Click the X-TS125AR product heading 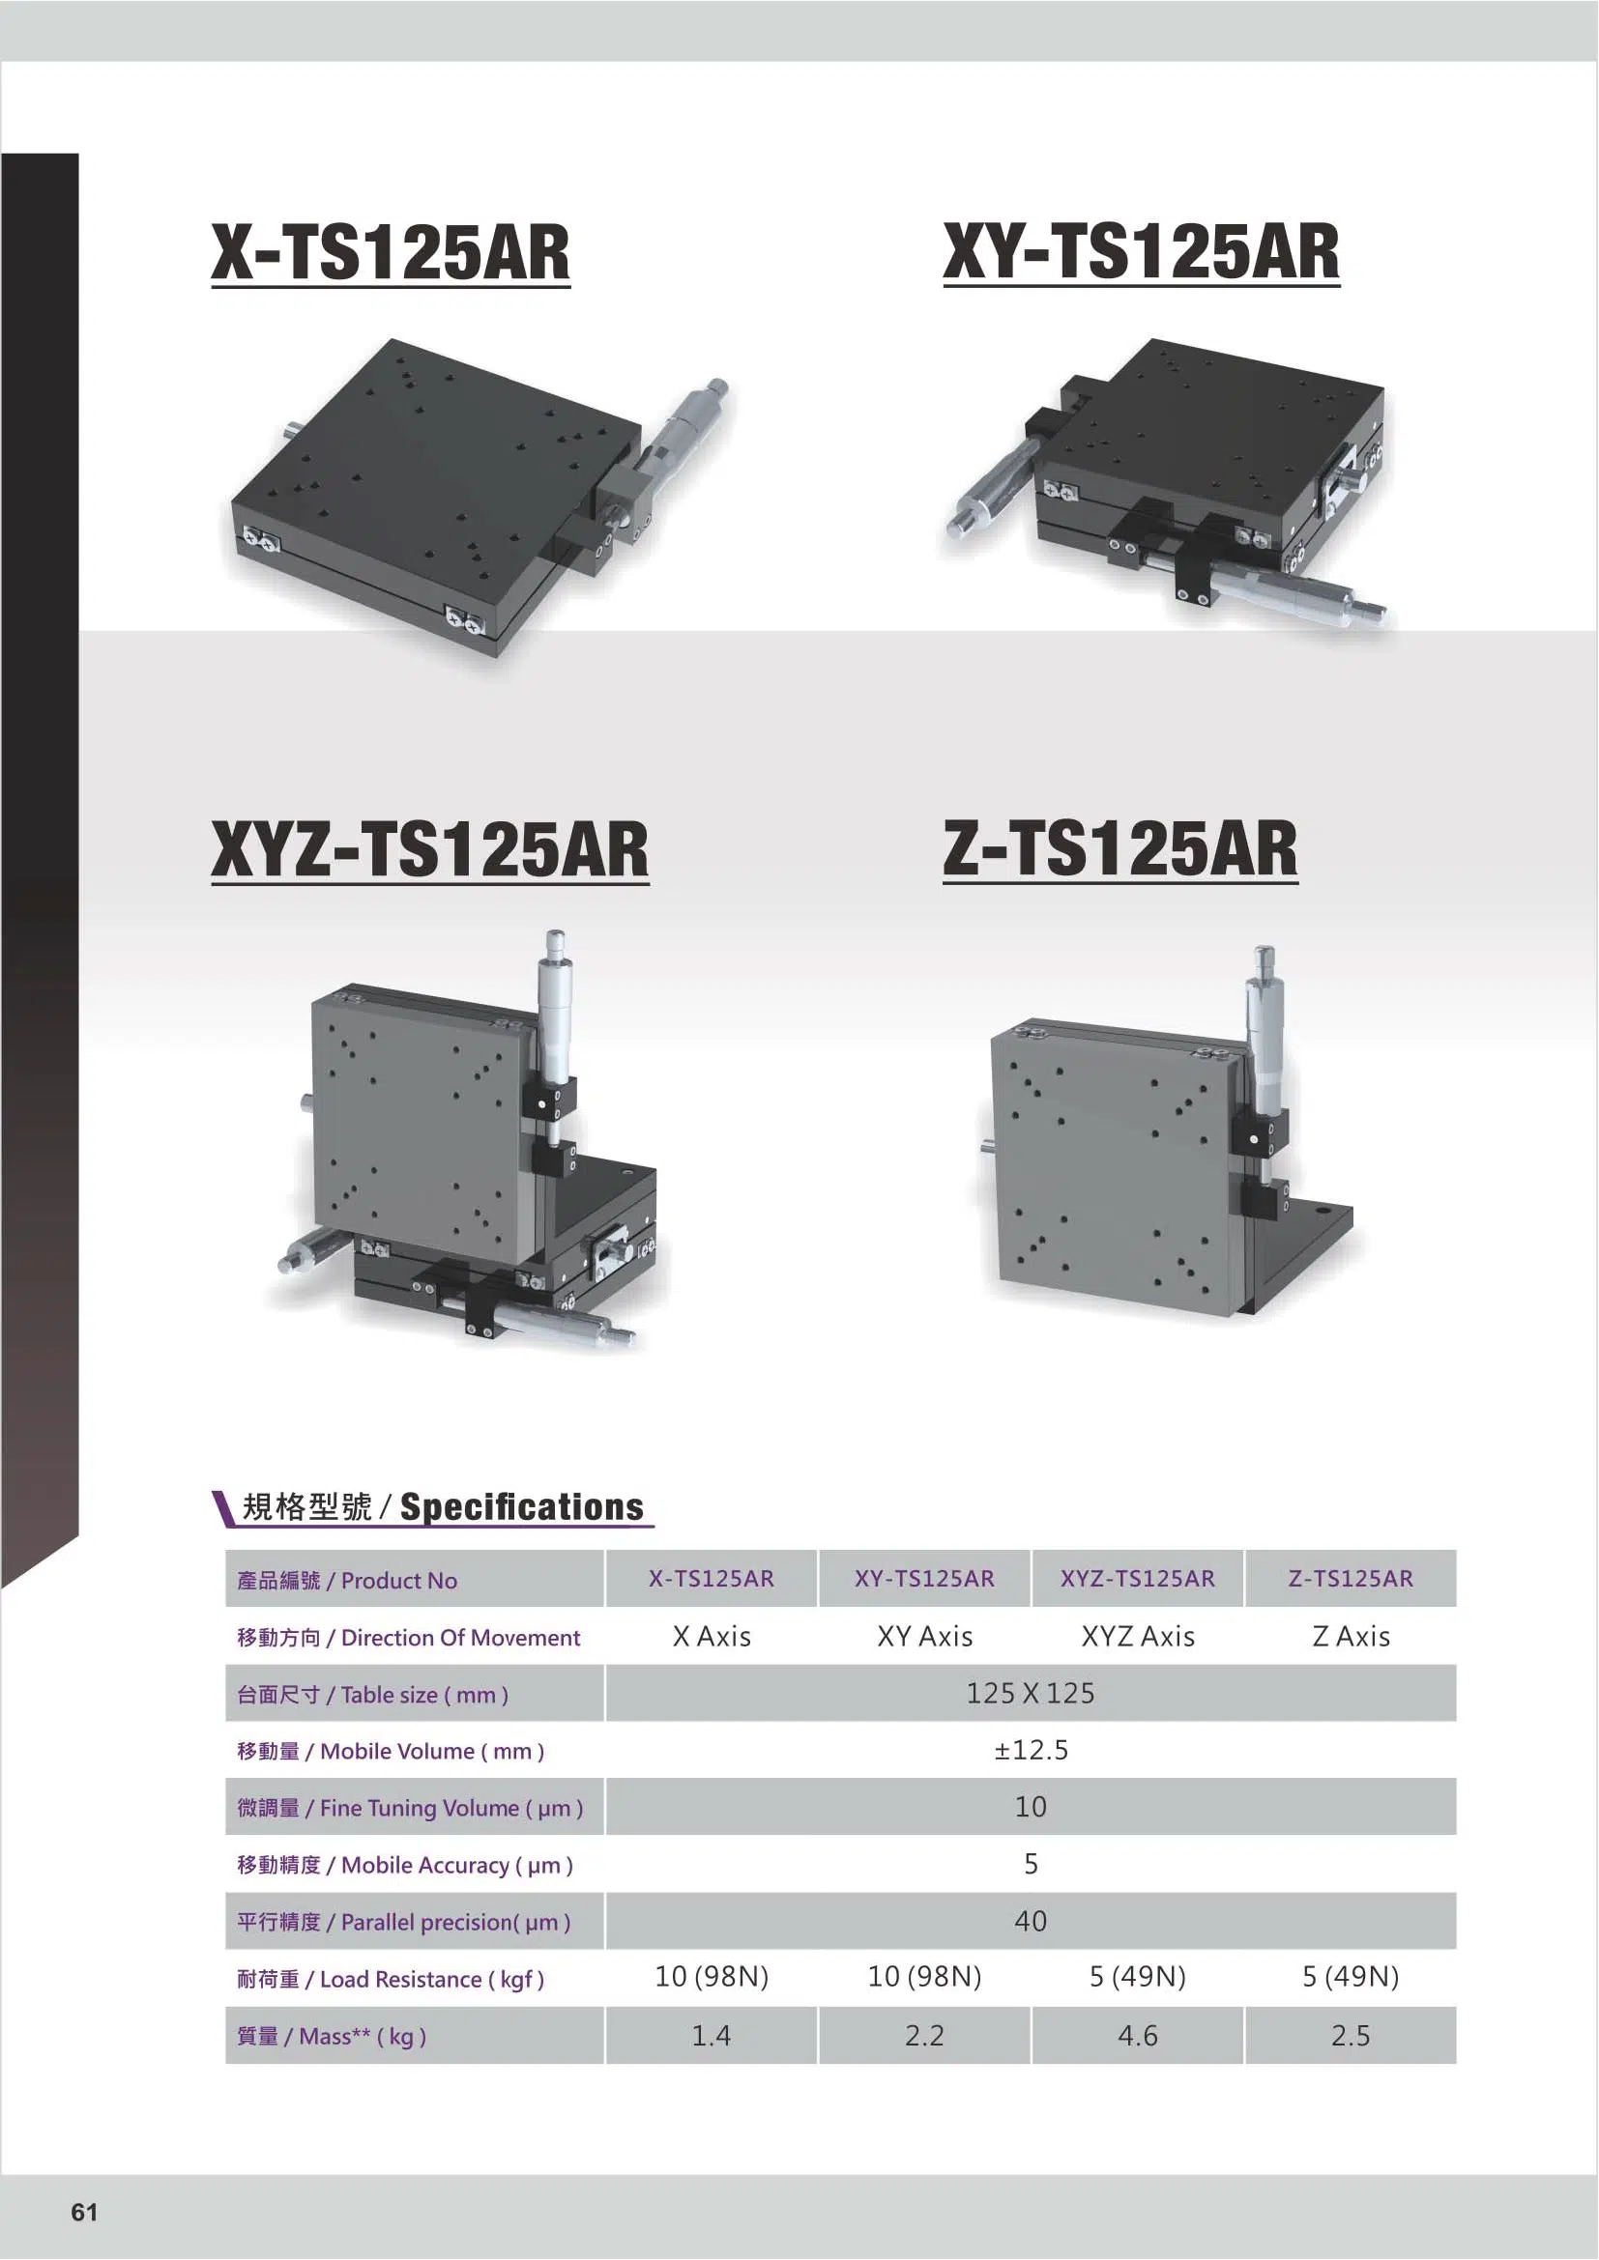(390, 253)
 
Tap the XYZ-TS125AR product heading (429, 849)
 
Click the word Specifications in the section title (521, 1507)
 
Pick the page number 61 (85, 2212)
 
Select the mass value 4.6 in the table (1137, 2036)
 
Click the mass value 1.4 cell (711, 2036)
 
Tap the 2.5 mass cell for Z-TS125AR (1350, 2036)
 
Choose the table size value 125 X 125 (1030, 1693)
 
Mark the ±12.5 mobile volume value (1030, 1750)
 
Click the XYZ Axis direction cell (1137, 1637)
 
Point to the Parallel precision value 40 (1030, 1921)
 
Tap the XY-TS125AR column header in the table (923, 1579)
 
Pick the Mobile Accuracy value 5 (1030, 1864)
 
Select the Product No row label (347, 1581)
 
